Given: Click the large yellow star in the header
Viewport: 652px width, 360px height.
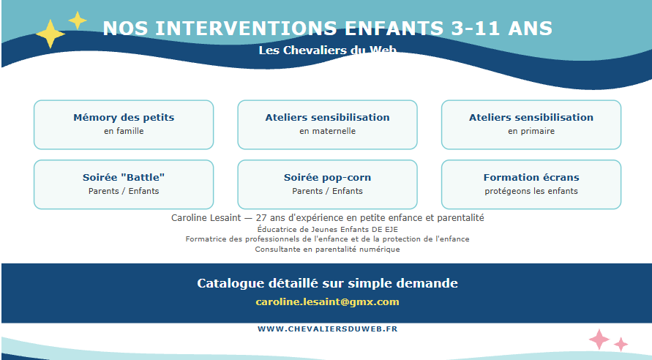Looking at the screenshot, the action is tap(50, 34).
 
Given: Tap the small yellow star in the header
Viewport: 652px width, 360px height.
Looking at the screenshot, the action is tap(78, 20).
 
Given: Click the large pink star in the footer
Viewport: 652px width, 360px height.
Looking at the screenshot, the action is tap(599, 340).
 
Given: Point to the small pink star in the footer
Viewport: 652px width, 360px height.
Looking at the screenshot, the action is tap(621, 344).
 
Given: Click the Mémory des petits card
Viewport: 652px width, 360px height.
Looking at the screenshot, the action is tap(124, 124).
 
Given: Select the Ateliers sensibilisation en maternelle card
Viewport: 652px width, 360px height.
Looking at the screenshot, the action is tap(327, 124).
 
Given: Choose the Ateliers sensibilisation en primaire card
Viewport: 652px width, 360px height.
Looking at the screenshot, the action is tap(531, 124).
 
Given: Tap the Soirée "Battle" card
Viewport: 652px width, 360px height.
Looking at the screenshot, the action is tap(124, 184).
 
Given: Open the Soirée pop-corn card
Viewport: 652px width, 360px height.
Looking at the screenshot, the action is tap(327, 184).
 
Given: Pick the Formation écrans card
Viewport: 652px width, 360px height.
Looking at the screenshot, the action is tap(531, 184).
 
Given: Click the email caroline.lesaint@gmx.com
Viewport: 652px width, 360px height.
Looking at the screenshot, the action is tap(327, 301).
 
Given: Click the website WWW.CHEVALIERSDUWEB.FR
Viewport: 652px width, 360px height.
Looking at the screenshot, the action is tap(328, 329).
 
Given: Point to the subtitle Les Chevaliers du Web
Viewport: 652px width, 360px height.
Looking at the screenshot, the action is tap(327, 50).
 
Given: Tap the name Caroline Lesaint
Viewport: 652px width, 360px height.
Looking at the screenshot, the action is tap(206, 218).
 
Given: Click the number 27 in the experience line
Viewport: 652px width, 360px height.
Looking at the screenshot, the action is tap(261, 218).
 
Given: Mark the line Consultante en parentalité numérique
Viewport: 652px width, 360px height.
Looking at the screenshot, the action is tap(327, 250).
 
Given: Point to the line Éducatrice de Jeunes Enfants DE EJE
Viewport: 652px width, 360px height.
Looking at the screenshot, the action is tap(327, 229).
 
